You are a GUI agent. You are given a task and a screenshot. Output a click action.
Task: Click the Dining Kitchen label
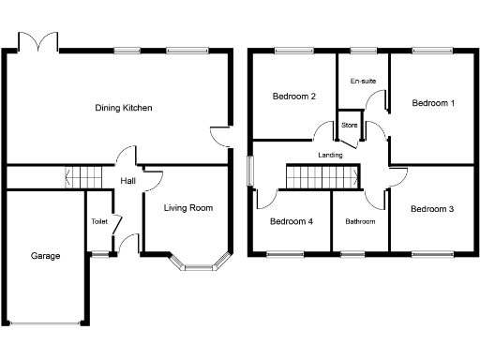124,108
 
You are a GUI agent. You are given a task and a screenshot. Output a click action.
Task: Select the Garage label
46,255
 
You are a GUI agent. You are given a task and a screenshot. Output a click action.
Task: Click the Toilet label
99,222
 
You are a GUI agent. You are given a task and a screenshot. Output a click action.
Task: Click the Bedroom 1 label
433,103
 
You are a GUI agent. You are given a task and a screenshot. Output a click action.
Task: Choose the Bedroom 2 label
293,96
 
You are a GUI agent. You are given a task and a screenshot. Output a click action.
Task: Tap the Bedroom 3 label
432,208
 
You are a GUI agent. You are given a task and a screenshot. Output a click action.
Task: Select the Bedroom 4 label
292,221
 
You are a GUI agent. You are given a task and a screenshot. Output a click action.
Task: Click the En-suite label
363,82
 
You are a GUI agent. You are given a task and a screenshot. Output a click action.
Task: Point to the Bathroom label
360,222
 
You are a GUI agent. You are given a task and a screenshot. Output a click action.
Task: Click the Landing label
330,155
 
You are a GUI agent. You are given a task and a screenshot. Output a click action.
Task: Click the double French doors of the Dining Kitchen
43,43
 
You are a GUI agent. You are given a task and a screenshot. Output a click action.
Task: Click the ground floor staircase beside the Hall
84,175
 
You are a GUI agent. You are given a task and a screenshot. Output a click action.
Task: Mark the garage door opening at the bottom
46,324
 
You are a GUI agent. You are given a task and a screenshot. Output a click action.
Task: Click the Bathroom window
352,253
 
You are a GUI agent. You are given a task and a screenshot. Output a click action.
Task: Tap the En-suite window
363,50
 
